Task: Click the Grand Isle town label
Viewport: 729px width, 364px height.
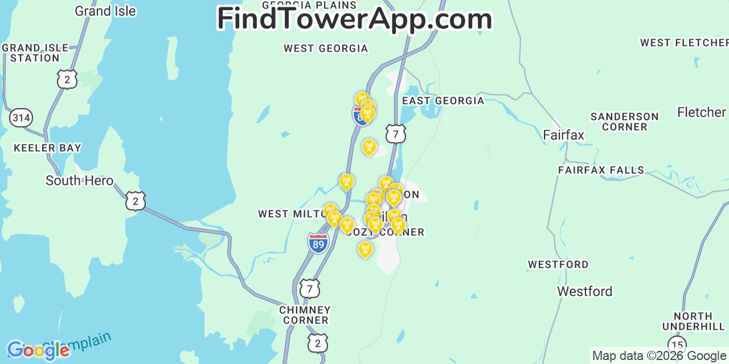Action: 105,11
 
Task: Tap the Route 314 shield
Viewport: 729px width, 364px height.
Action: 21,118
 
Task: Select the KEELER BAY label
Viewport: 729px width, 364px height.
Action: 47,148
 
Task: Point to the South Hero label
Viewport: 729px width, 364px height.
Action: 79,181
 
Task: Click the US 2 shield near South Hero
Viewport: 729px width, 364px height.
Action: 136,201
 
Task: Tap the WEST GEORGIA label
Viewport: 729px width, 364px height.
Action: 326,48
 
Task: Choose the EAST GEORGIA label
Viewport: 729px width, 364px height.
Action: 443,101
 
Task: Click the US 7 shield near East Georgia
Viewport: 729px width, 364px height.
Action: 395,134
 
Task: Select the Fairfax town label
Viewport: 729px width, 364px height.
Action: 563,135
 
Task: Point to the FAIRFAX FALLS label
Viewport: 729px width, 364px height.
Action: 601,170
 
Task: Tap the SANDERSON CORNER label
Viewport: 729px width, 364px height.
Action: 624,122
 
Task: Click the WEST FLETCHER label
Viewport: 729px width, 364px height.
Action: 683,43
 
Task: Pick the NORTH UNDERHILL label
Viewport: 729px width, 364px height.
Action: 693,321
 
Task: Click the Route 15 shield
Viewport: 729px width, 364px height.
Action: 677,344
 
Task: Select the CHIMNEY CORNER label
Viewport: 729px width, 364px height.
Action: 305,315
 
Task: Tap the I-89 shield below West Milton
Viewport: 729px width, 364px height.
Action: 318,243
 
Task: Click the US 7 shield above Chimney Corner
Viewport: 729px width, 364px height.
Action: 310,288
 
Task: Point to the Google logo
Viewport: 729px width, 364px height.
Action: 38,350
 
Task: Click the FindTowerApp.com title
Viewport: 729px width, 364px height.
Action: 354,19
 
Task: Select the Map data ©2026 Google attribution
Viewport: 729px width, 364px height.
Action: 660,356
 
